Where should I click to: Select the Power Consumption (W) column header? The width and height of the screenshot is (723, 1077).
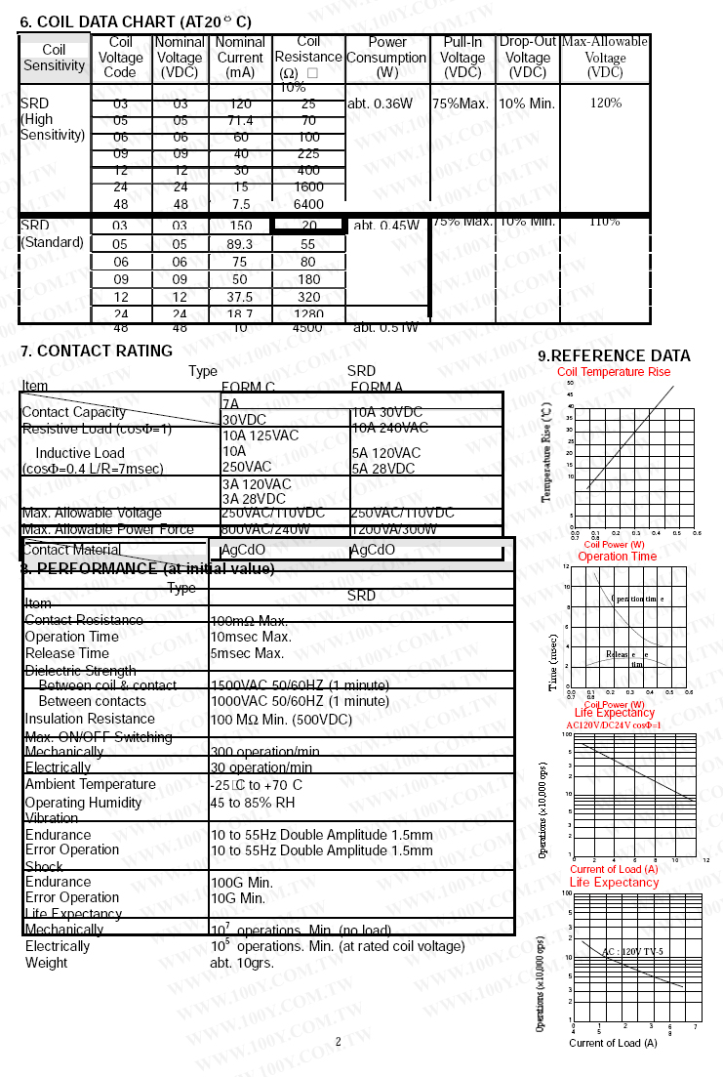click(x=387, y=58)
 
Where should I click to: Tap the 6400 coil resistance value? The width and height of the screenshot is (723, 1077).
click(x=308, y=204)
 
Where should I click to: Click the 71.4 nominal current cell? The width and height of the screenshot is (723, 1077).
click(x=240, y=121)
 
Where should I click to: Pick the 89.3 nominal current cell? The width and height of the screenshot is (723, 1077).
click(x=240, y=244)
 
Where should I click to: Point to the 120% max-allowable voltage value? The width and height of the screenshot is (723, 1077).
click(x=605, y=103)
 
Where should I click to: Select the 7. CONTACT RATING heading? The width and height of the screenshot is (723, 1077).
click(x=97, y=351)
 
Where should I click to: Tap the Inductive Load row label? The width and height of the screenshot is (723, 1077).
click(x=80, y=453)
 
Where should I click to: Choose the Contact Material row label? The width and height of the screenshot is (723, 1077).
click(x=71, y=550)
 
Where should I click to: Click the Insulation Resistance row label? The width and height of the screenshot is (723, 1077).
click(x=90, y=719)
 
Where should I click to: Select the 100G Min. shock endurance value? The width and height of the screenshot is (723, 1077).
click(x=242, y=882)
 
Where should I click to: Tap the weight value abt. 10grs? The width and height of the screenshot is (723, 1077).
click(x=242, y=962)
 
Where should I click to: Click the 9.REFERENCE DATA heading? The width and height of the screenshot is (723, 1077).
click(x=614, y=355)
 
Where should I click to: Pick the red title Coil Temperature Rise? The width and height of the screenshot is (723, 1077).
click(x=614, y=372)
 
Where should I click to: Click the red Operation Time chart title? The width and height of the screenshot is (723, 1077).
click(x=617, y=557)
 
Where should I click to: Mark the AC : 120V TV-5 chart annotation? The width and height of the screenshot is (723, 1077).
click(x=631, y=951)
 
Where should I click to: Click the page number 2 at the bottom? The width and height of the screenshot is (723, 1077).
click(x=339, y=1041)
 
